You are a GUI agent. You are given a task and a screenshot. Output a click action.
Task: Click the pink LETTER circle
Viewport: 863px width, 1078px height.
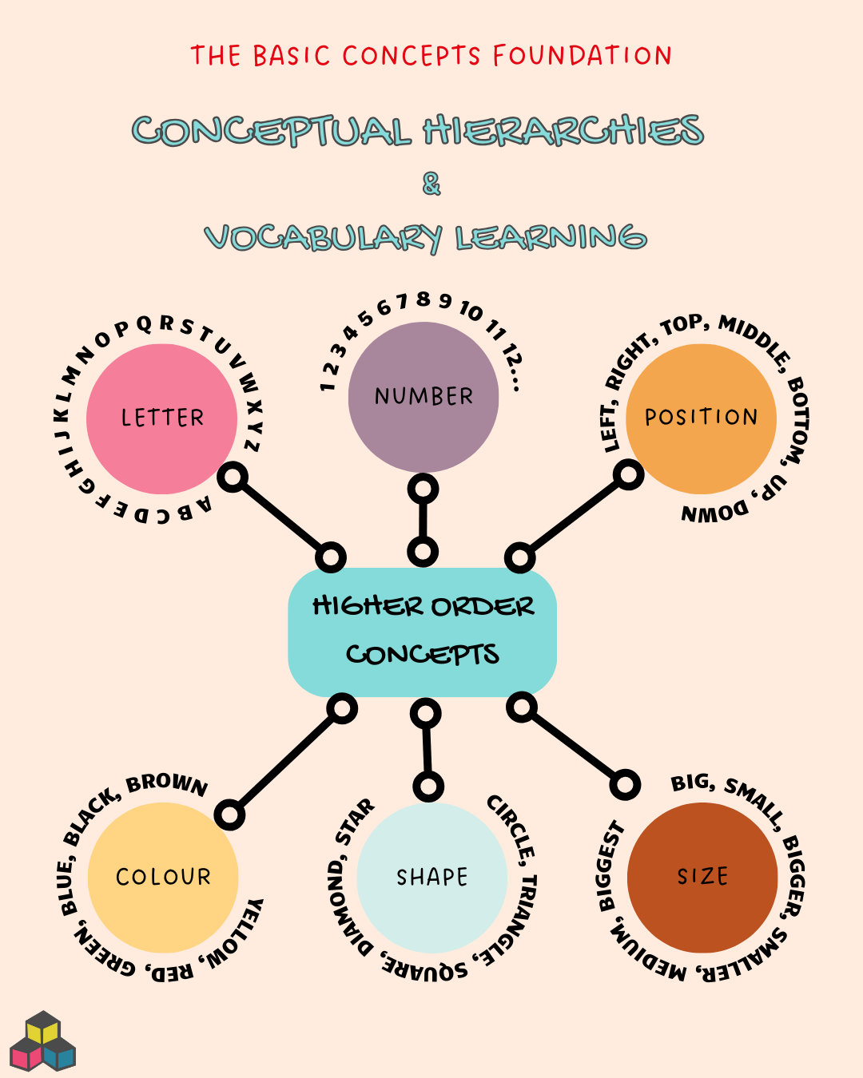click(161, 418)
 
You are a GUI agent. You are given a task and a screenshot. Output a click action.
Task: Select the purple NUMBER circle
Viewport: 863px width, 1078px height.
click(424, 397)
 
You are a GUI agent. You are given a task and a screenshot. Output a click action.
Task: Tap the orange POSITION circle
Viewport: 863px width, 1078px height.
click(701, 418)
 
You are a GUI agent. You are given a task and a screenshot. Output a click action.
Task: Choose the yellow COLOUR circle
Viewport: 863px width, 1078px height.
click(163, 877)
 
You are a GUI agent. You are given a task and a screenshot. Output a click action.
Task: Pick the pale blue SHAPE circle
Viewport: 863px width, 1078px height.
click(431, 877)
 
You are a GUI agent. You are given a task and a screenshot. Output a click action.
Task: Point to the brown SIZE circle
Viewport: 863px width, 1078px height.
click(702, 877)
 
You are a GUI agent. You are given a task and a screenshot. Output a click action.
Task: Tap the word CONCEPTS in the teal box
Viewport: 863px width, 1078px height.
click(422, 655)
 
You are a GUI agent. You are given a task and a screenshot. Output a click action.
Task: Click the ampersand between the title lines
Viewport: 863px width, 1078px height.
click(431, 184)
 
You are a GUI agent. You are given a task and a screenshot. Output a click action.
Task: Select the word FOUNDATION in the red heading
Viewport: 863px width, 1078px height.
click(582, 56)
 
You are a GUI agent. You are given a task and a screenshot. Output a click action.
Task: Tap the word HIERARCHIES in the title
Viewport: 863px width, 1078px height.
click(563, 131)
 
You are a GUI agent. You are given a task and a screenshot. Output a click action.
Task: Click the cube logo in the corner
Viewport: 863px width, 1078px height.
click(42, 1041)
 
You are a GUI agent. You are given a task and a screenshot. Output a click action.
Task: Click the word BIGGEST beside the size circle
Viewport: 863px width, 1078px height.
click(610, 866)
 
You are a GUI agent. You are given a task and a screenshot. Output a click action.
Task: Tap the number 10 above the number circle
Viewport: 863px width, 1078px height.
click(471, 310)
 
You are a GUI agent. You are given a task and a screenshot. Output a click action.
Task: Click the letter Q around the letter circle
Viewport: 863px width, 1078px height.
click(144, 324)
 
